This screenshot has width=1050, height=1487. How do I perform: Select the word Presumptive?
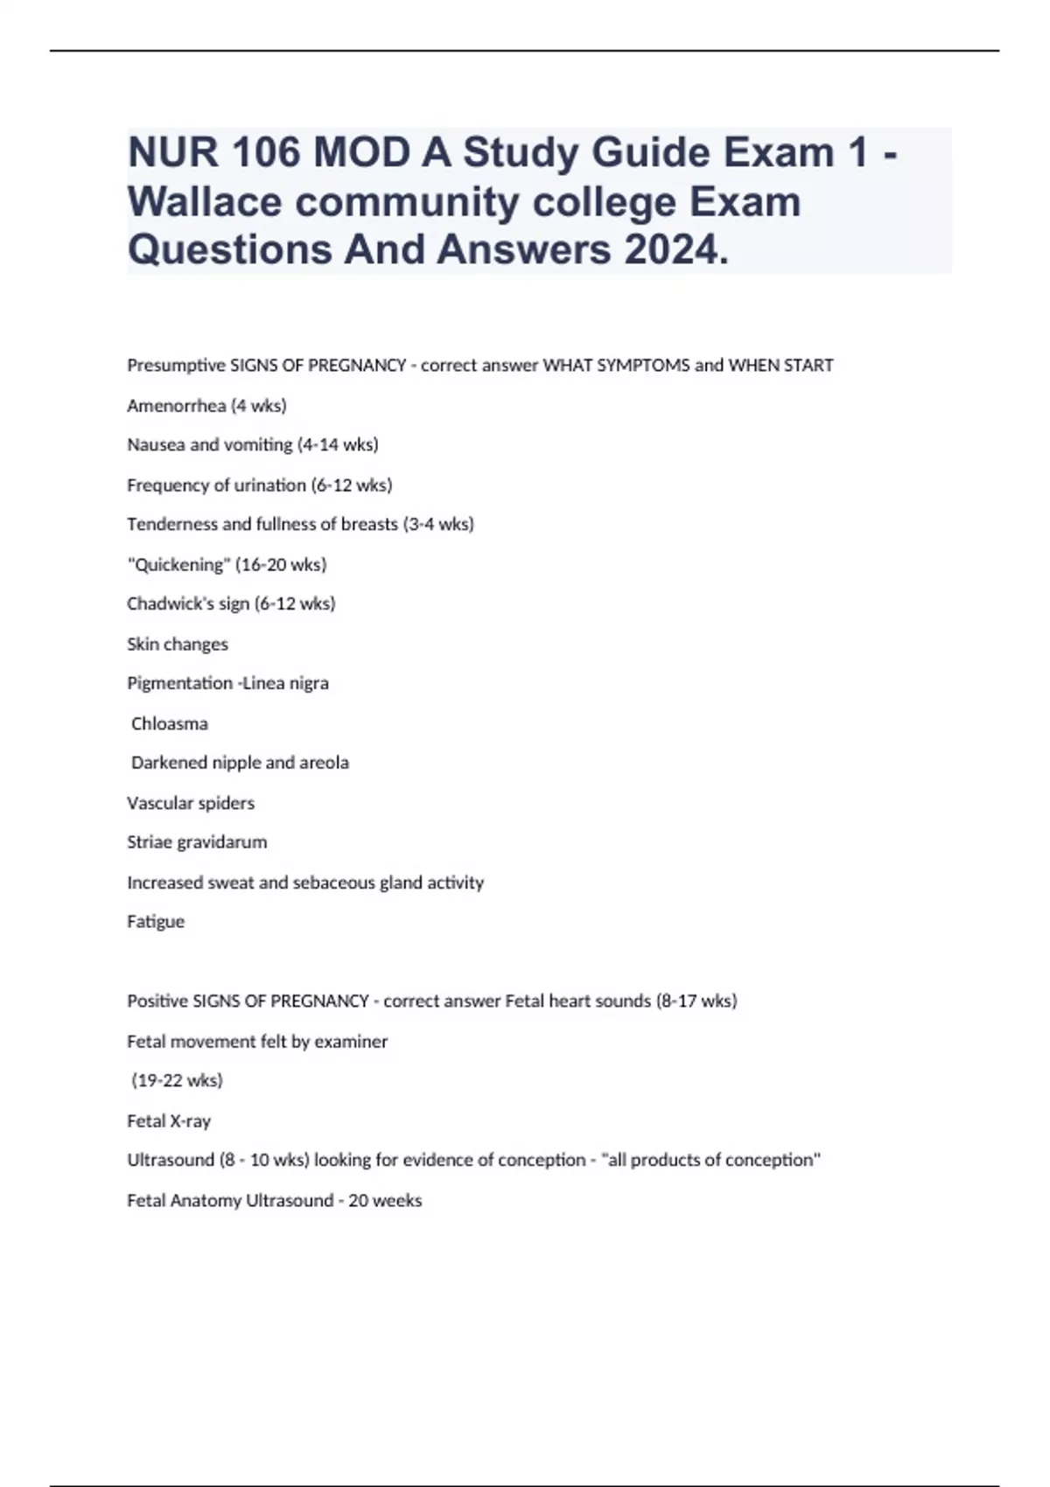click(x=175, y=366)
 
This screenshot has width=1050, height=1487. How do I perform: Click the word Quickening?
click(x=175, y=565)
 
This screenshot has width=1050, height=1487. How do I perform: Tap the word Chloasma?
click(x=170, y=724)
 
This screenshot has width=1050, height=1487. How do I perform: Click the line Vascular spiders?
click(x=191, y=804)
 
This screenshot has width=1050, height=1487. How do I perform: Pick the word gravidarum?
click(x=221, y=843)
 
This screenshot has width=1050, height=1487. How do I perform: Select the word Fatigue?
click(x=156, y=922)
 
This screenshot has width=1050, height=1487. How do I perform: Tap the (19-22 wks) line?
click(x=177, y=1081)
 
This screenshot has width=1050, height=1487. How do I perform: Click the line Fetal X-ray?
click(x=169, y=1121)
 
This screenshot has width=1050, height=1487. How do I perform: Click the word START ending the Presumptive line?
click(x=808, y=366)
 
